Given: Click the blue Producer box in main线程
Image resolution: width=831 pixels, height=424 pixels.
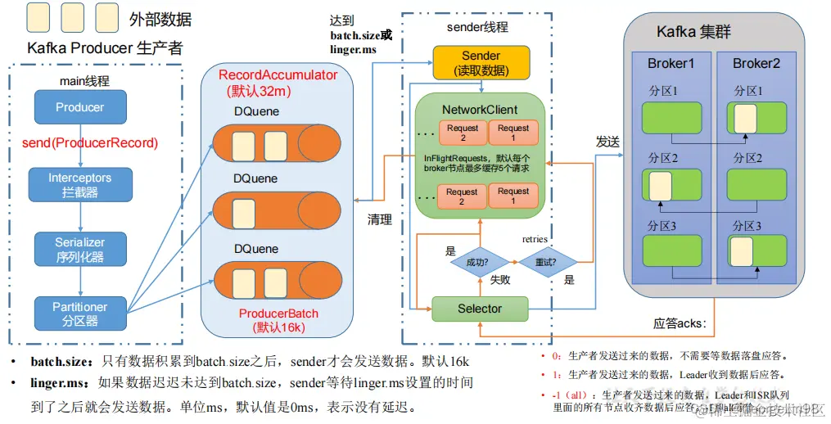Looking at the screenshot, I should [x=80, y=107].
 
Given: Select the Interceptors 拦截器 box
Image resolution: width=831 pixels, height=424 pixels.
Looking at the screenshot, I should [x=79, y=185].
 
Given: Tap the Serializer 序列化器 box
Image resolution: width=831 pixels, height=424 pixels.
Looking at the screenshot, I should [x=79, y=250].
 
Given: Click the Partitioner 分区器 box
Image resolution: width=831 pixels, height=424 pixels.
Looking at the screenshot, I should [x=79, y=313].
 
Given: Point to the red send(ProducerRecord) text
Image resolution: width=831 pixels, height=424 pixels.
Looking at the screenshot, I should [x=89, y=143].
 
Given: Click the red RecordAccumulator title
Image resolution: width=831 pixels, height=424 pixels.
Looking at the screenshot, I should [x=278, y=75].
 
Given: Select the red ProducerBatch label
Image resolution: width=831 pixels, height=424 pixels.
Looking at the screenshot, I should [x=278, y=313].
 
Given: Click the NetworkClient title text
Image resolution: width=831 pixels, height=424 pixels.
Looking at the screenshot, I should [x=480, y=110].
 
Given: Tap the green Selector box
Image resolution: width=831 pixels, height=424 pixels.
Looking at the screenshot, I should [x=480, y=309].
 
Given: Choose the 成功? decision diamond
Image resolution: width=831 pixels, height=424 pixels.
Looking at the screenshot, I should [x=478, y=263].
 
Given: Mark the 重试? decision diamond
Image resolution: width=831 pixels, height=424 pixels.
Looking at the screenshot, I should [x=548, y=263].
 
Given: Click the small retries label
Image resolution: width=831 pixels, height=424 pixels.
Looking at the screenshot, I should [x=535, y=240].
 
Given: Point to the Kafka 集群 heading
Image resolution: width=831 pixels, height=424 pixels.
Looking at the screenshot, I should [x=693, y=33].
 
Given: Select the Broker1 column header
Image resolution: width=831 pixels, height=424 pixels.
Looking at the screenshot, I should [x=671, y=64].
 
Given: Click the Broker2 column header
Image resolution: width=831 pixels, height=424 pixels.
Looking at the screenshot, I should [x=755, y=64].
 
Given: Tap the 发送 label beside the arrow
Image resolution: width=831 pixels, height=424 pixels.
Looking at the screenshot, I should [x=607, y=142].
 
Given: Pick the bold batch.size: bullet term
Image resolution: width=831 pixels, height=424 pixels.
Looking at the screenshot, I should [x=63, y=362].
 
